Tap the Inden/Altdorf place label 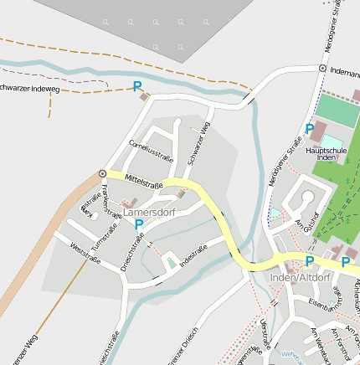point(301,278)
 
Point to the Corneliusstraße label point(151,152)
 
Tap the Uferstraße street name point(267,334)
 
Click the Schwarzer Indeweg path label point(30,87)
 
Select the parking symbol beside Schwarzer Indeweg point(138,86)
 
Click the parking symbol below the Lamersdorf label point(139,224)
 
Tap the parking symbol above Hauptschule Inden point(310,129)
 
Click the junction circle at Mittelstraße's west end point(102,173)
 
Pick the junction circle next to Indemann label point(322,68)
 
